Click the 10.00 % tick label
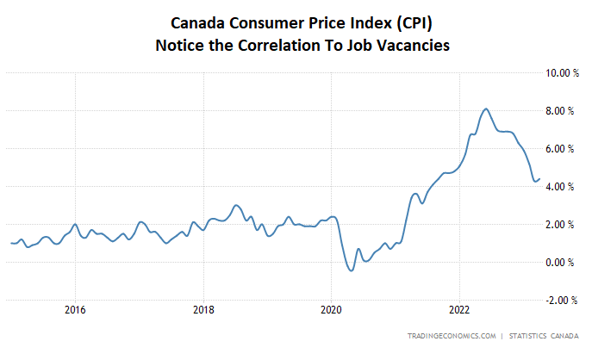pos(558,73)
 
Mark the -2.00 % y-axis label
pos(559,301)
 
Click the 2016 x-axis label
pos(75,309)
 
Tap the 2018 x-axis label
pos(203,309)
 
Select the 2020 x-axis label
pos(332,309)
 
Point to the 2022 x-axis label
pos(459,309)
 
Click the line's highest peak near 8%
pos(486,109)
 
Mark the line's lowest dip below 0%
pos(350,270)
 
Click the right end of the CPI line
pos(539,179)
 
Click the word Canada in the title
pos(199,23)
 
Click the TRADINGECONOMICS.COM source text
pos(452,335)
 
